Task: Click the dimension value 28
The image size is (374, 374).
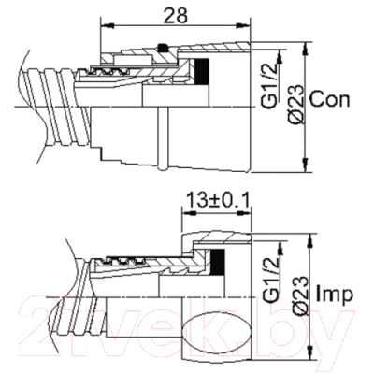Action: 176,15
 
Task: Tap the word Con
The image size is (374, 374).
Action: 330,100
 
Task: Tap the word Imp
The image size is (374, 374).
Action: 335,293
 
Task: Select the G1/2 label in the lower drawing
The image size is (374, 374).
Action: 270,281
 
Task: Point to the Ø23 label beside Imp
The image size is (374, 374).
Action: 301,296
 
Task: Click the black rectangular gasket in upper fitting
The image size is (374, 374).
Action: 202,71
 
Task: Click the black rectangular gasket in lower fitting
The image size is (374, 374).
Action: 217,262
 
